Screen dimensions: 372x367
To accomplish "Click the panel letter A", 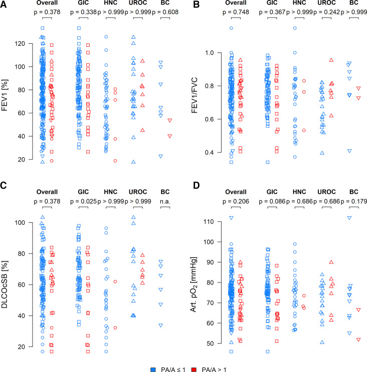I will click(x=4, y=4).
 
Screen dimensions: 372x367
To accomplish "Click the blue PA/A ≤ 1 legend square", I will click(x=153, y=357).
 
